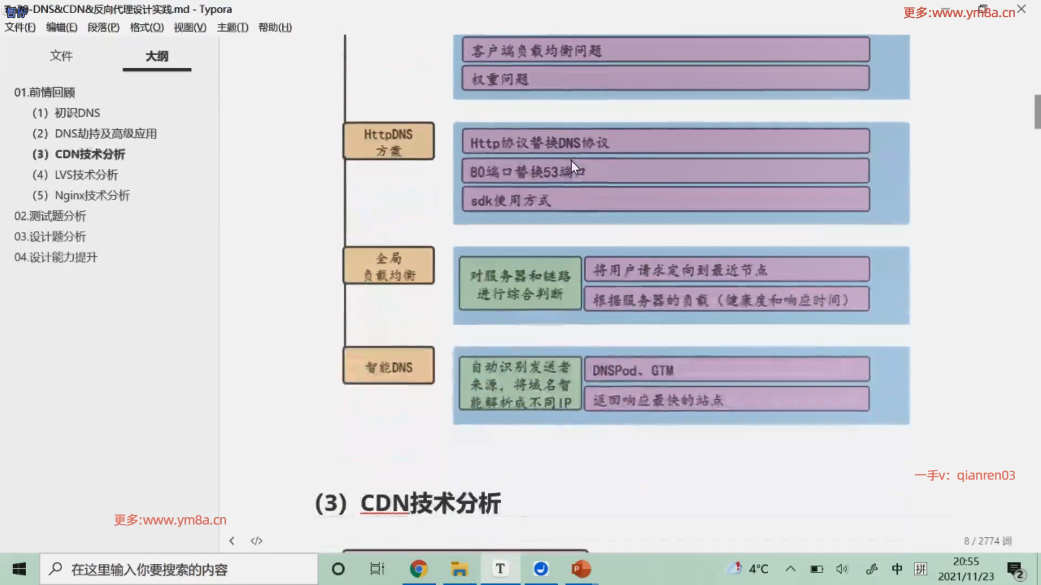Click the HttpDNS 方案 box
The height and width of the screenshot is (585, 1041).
pos(388,141)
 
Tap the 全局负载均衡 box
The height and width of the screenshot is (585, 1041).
pos(388,265)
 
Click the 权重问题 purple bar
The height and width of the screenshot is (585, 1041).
pos(665,79)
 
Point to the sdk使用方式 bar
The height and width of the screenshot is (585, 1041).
pos(665,200)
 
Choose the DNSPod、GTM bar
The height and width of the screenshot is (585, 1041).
pos(727,370)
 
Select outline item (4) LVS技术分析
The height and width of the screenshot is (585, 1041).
pos(86,175)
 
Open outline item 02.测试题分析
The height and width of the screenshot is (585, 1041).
pos(50,216)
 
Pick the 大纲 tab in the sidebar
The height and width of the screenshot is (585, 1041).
pos(157,56)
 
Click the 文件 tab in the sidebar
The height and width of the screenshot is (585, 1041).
pos(61,56)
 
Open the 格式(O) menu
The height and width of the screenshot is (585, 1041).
pos(146,28)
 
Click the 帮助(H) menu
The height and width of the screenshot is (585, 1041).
pos(275,28)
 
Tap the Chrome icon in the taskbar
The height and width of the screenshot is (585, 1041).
pos(418,569)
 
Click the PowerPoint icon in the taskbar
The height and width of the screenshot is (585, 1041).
pos(581,569)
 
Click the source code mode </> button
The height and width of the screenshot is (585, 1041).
pos(256,541)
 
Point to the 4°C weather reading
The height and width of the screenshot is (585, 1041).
pos(758,569)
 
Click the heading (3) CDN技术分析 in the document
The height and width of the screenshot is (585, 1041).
pos(408,503)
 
